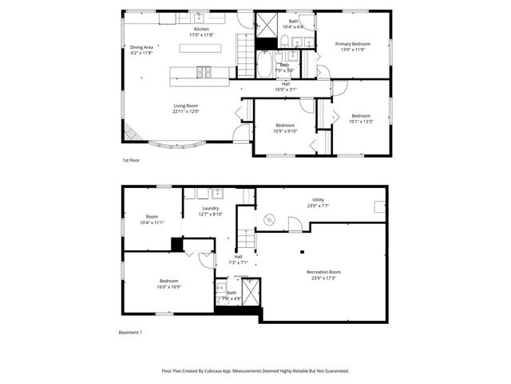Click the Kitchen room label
point(200,30)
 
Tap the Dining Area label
point(141,47)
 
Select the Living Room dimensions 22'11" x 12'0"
point(186,111)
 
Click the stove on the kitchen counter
point(204,73)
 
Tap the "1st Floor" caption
point(132,161)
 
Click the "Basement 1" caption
point(130,332)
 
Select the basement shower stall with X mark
point(251,295)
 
